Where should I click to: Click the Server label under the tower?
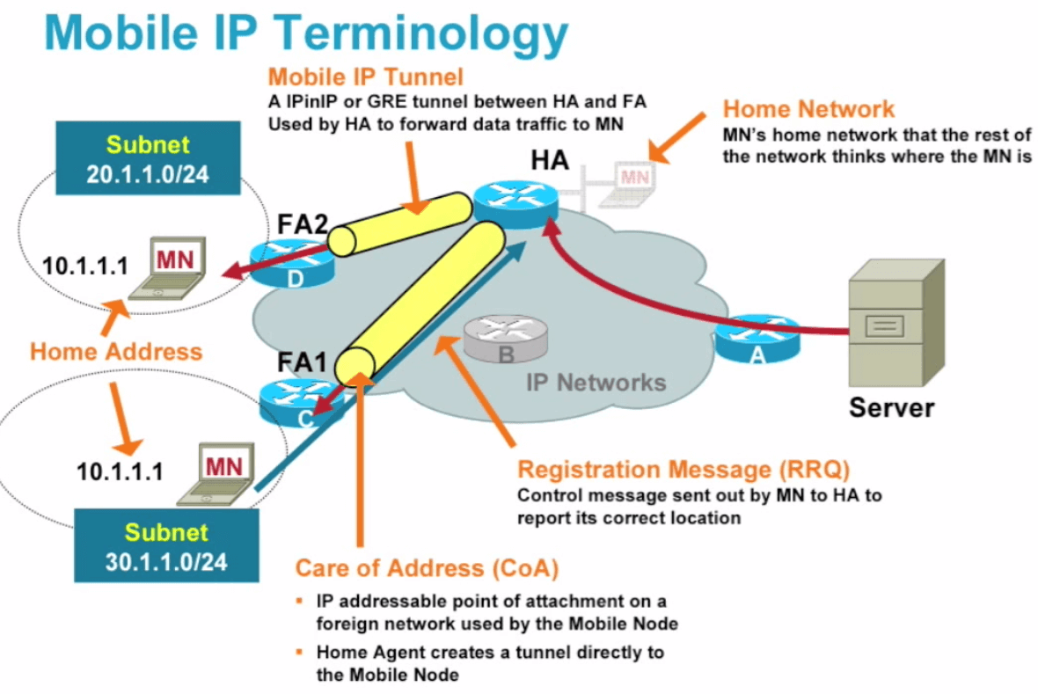891,407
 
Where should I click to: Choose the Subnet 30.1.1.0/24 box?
166,546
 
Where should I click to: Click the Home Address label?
116,352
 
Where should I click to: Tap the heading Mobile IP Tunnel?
366,76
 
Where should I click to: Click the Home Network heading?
808,109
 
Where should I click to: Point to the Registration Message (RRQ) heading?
683,470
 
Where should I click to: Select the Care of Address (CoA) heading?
427,567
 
